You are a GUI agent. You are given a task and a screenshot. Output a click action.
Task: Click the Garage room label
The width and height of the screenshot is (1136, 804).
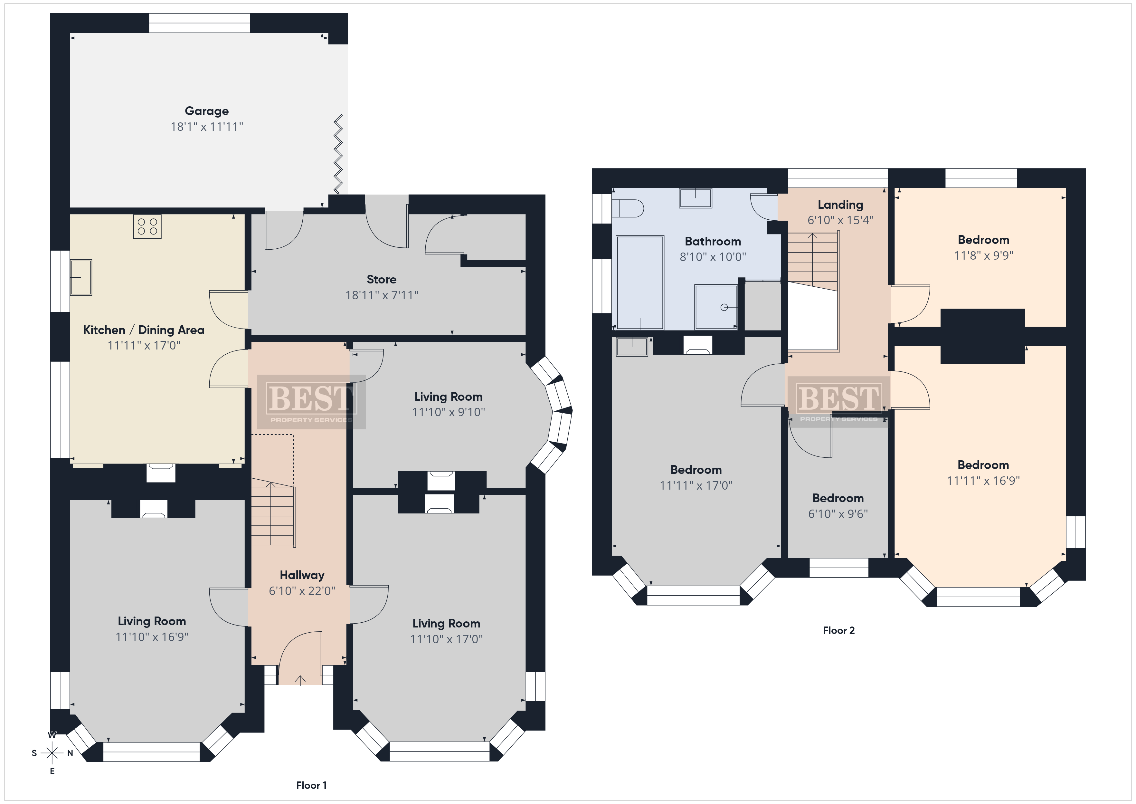[207, 111]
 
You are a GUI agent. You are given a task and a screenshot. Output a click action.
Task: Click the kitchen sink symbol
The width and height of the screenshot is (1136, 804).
[80, 277]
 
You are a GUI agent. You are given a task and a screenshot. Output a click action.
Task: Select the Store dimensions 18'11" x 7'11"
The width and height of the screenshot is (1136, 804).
[382, 295]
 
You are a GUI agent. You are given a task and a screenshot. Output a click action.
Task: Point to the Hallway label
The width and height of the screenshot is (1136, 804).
[302, 575]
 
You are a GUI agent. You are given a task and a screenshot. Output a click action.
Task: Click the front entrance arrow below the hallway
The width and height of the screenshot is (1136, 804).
[300, 680]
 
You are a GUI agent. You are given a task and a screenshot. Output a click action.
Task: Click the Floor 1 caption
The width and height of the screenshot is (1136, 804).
[311, 785]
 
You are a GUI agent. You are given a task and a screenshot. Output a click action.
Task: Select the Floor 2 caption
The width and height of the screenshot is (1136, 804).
[839, 630]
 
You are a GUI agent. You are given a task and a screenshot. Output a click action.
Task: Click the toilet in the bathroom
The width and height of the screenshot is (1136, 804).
[627, 208]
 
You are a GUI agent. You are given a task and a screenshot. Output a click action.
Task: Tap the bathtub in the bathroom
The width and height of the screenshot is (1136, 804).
[640, 282]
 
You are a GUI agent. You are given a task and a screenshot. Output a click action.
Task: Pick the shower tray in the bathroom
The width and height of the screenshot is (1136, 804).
[716, 306]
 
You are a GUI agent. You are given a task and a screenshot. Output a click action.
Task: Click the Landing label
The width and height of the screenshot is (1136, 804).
[840, 205]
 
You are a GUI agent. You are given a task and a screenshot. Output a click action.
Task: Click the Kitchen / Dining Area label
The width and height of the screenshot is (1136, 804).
[144, 330]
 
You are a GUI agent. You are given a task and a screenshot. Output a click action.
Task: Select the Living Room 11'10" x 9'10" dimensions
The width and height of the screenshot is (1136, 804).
[448, 412]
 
